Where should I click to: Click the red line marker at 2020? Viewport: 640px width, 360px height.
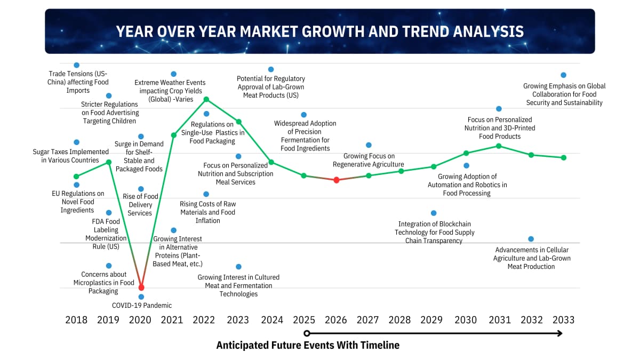tap(141, 287)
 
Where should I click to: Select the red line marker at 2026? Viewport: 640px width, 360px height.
tap(336, 180)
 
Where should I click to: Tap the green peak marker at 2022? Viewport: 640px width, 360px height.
tap(206, 99)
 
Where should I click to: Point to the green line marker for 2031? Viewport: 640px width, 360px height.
tap(499, 146)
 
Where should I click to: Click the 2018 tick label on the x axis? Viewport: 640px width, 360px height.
tap(76, 320)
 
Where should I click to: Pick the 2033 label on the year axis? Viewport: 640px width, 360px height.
tap(563, 320)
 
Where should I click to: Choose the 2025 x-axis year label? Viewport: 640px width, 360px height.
tap(304, 320)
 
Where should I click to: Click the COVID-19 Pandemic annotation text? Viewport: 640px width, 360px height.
tap(142, 306)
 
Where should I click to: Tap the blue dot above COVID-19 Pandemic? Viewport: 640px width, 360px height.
tap(141, 297)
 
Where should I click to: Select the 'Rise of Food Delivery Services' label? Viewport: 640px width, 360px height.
tap(140, 205)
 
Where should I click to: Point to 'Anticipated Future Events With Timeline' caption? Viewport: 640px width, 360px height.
tap(308, 345)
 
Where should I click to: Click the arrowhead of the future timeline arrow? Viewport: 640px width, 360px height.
tap(559, 334)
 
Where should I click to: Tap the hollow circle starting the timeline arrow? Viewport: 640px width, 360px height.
tap(307, 334)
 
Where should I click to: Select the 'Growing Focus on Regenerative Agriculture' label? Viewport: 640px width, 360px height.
tap(369, 160)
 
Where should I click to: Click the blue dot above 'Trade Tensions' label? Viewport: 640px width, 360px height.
tap(77, 65)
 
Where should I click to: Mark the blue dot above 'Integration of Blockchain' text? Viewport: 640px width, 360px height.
tap(434, 213)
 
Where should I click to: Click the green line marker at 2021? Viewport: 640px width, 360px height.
tap(173, 135)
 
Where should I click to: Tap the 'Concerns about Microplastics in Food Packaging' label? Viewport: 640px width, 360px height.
tap(104, 283)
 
